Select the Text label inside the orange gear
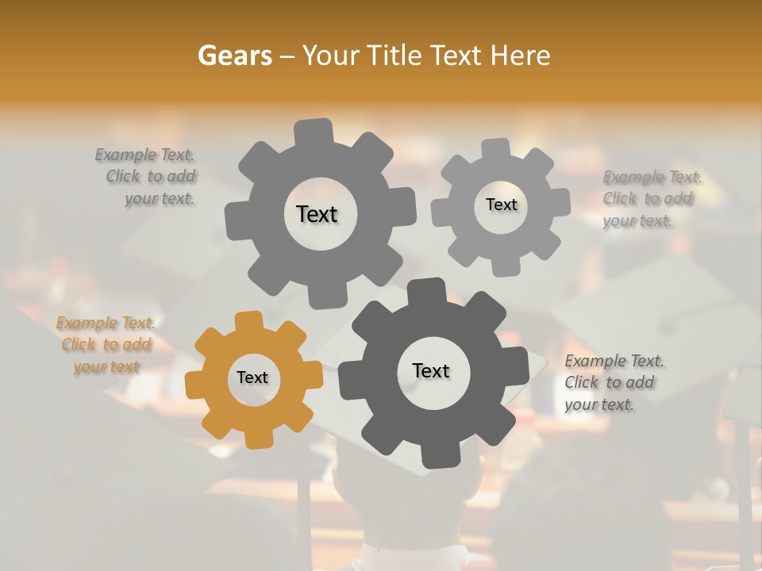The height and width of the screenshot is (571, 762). click(x=252, y=378)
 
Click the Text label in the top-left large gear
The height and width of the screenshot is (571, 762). click(x=317, y=214)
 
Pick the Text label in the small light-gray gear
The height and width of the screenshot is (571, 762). click(x=501, y=205)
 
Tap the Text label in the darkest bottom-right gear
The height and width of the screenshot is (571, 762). click(x=431, y=370)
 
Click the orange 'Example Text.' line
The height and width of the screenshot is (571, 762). click(x=106, y=323)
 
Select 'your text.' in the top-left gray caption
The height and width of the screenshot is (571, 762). click(x=159, y=199)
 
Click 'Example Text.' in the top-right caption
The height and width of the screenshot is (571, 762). click(x=652, y=177)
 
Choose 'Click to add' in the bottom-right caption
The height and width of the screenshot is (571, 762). click(x=610, y=382)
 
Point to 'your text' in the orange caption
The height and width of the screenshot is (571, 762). click(x=106, y=367)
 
